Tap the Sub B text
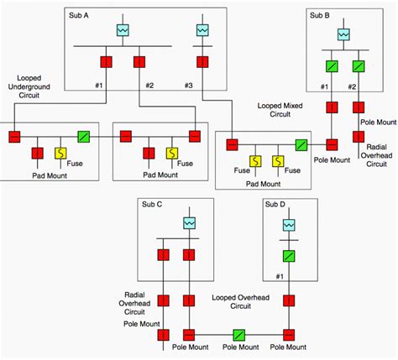point(319,16)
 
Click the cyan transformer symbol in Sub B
point(343,34)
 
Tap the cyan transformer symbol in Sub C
point(190,222)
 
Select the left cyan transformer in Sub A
point(123,30)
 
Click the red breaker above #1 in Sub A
point(107,61)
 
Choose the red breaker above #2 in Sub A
point(138,61)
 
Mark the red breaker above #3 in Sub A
point(202,61)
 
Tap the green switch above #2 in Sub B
point(358,65)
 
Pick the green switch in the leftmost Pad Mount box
point(84,135)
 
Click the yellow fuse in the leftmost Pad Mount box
point(60,153)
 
